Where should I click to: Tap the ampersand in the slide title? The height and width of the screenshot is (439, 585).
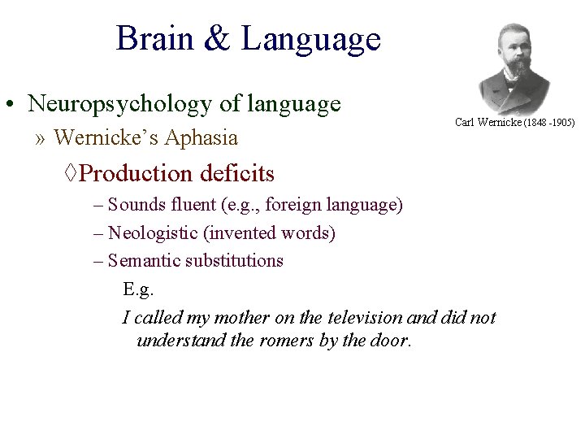tap(218, 39)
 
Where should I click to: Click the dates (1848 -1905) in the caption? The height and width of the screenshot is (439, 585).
tap(549, 123)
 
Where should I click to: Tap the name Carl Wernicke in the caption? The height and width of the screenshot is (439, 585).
tap(488, 123)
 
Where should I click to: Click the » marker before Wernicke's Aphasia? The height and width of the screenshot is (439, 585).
tap(40, 138)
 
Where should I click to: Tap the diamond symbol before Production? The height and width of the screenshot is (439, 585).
tap(71, 173)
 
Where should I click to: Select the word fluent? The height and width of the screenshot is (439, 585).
tap(186, 205)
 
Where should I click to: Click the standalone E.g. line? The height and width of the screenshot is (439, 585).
tap(138, 289)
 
